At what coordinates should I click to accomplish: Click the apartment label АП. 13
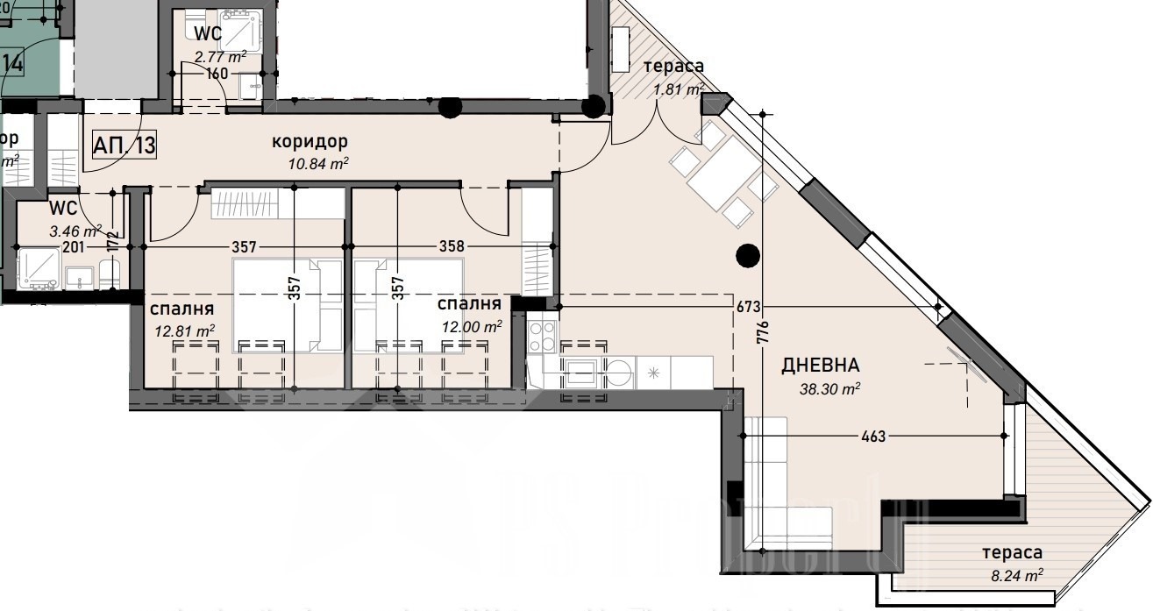pos(124,145)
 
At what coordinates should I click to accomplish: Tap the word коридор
pos(310,141)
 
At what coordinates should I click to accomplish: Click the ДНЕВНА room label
pos(821,366)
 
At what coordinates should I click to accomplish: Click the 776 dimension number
pos(762,332)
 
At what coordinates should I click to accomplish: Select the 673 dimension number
pos(748,307)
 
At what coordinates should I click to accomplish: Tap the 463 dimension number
pos(873,436)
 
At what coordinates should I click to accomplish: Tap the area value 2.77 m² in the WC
pos(220,56)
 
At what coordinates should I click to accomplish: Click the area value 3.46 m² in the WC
pos(75,232)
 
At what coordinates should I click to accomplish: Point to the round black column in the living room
pos(747,255)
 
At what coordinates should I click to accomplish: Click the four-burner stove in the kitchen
pos(542,337)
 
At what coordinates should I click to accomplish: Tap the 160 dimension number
pos(217,74)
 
